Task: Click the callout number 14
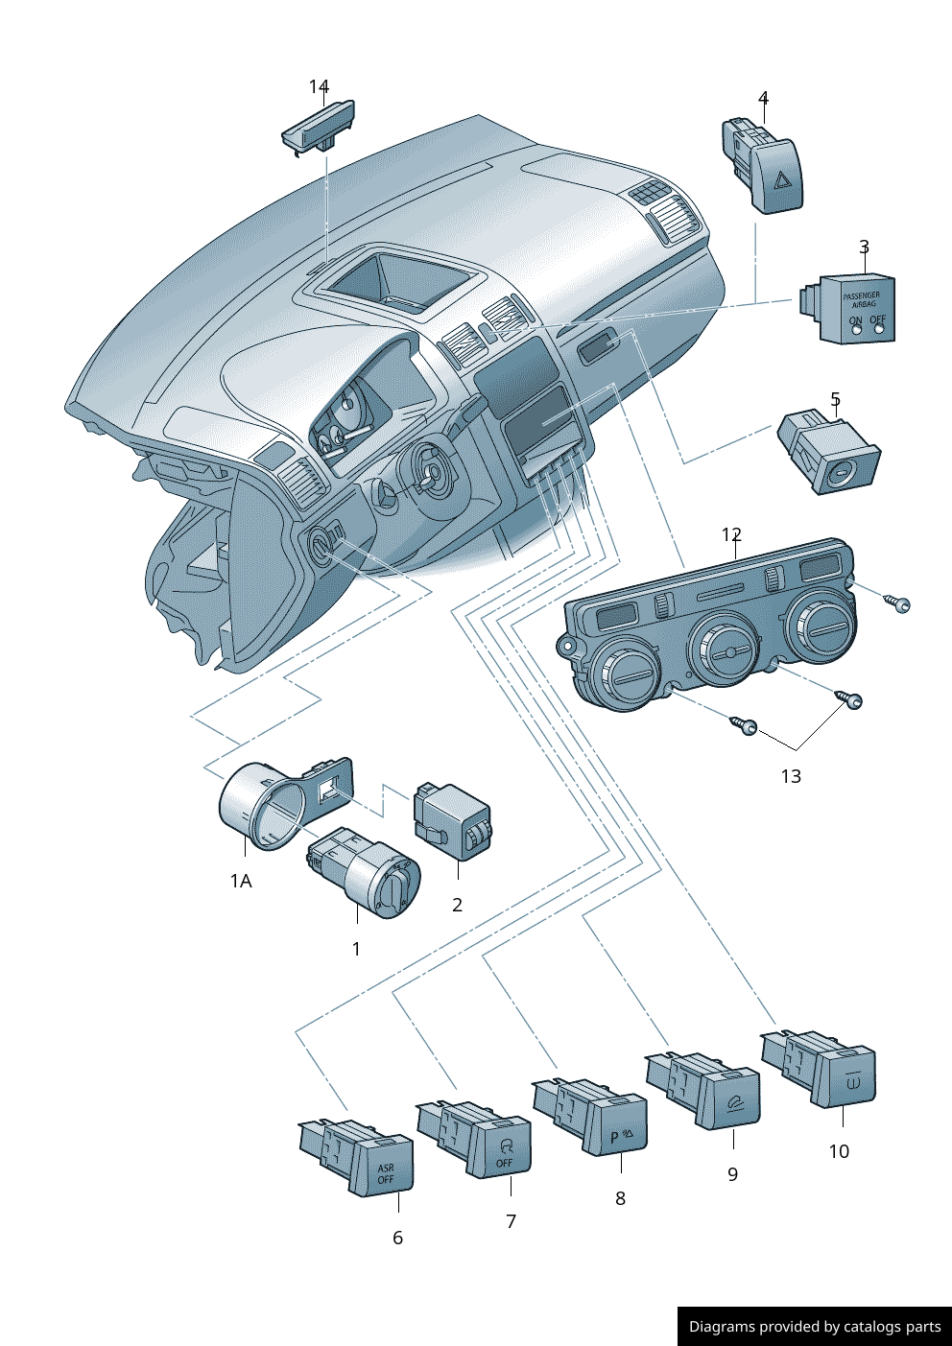click(x=319, y=87)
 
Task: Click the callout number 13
click(x=790, y=776)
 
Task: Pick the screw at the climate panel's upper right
click(x=899, y=603)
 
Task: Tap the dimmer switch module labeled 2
click(x=453, y=820)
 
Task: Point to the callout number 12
click(x=731, y=534)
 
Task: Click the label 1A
click(x=241, y=881)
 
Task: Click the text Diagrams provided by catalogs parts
click(x=814, y=1327)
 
